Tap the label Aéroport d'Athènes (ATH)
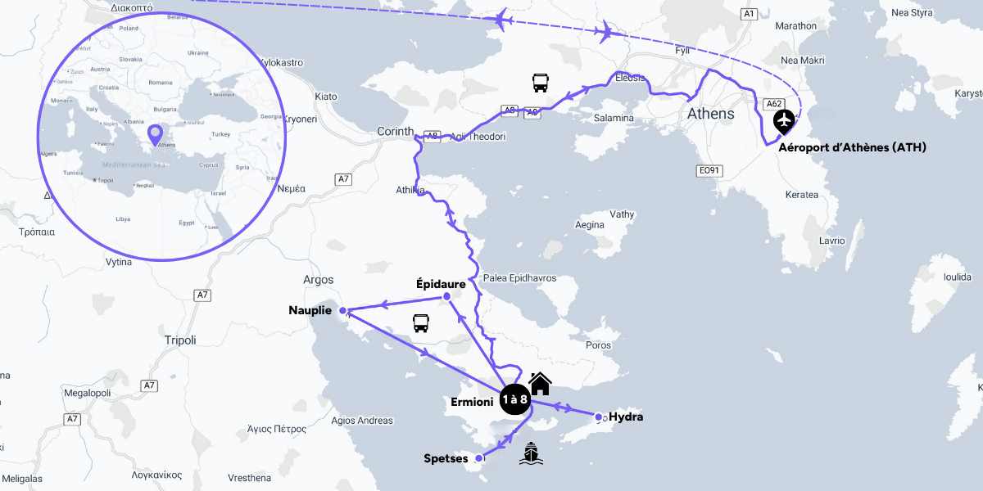(x=852, y=147)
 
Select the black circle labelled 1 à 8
(x=515, y=399)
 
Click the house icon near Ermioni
(x=539, y=383)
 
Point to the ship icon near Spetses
(x=531, y=453)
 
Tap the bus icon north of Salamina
(x=540, y=82)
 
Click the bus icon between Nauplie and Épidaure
(x=421, y=323)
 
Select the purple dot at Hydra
(x=599, y=417)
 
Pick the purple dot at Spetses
(x=479, y=458)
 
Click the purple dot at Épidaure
(x=446, y=296)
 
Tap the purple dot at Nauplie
(x=343, y=311)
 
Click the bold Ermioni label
(x=472, y=402)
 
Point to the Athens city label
(x=711, y=114)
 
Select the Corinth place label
(x=395, y=132)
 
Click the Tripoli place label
(x=180, y=340)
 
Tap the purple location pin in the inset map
(x=154, y=133)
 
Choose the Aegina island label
(x=590, y=224)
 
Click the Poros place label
(x=598, y=345)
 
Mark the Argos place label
(x=319, y=279)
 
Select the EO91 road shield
(x=709, y=171)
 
